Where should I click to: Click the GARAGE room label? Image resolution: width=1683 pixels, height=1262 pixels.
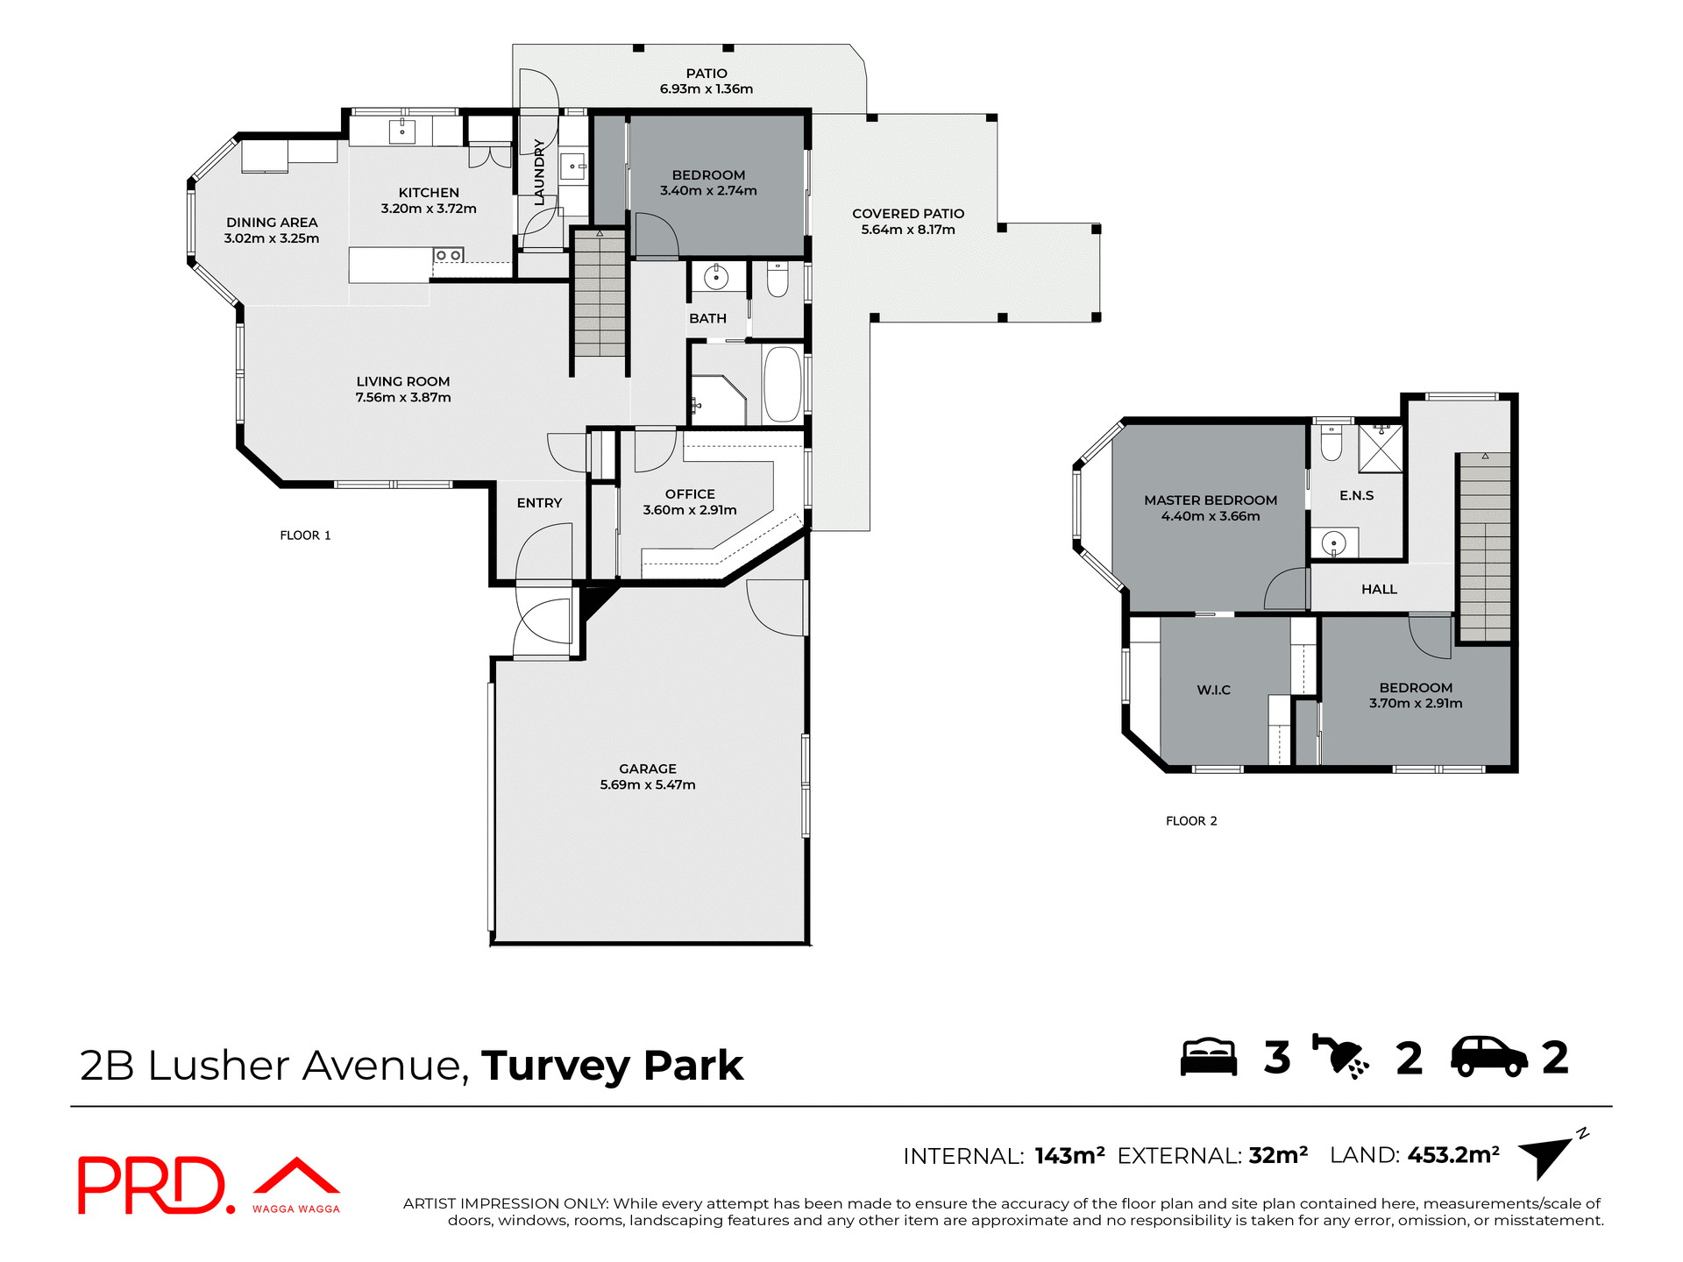coord(647,769)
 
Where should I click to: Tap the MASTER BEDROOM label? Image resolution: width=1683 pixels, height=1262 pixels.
coord(1210,500)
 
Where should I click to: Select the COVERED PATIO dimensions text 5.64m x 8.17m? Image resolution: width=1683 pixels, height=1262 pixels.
coord(907,230)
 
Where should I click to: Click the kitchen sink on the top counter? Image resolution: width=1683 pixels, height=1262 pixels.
coord(402,131)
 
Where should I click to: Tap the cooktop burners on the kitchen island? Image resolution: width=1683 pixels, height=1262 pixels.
coord(448,255)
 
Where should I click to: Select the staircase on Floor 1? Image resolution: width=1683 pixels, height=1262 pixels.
coord(600,294)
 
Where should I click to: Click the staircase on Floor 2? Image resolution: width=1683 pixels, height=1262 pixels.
coord(1484,548)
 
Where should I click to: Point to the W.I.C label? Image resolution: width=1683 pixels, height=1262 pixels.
coord(1213,691)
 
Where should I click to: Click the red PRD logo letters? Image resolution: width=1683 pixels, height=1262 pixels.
coord(153,1185)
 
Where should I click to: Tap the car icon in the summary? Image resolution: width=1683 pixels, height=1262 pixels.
coord(1488,1057)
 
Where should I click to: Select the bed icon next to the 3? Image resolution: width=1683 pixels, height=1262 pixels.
coord(1208,1057)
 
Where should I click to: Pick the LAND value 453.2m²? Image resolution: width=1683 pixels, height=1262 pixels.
coord(1452,1155)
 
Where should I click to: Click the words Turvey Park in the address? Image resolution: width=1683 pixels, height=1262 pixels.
coord(612,1066)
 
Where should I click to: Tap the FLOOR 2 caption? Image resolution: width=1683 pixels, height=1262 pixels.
coord(1190,821)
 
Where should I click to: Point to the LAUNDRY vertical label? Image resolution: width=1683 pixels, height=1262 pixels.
coord(539,172)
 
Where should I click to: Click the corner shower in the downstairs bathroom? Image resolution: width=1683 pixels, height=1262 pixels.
coord(716,401)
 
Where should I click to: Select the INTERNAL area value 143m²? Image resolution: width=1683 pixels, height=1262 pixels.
coord(1069,1156)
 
